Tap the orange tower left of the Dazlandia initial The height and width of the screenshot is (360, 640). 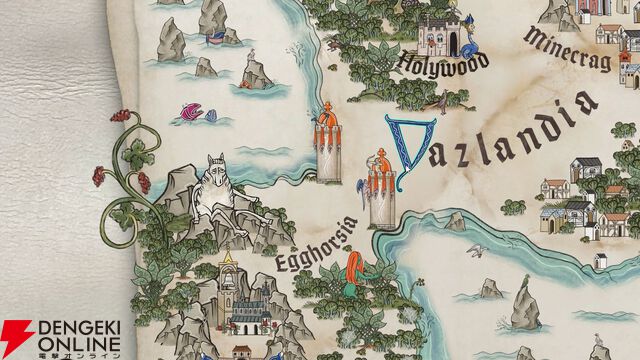click(327, 148)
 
